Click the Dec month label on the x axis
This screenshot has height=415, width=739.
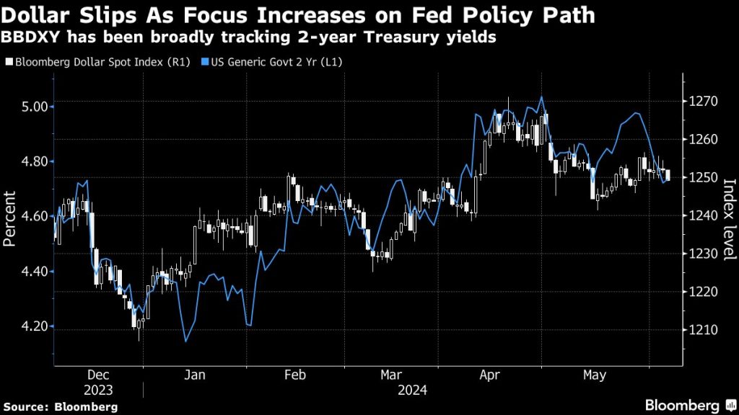tap(97, 375)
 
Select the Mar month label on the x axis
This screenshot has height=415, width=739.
tap(391, 375)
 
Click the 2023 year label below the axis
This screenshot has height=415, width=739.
tap(98, 391)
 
